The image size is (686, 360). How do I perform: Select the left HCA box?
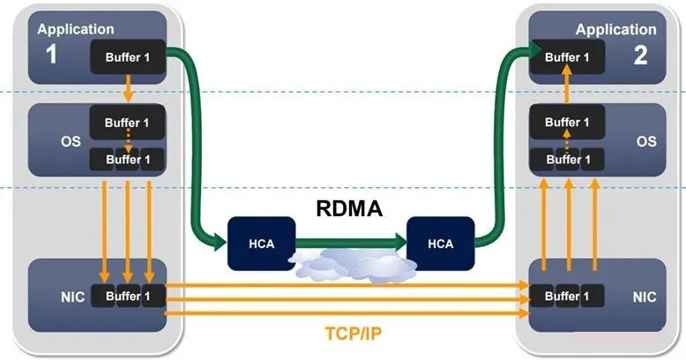point(261,243)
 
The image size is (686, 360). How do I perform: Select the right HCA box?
point(441,243)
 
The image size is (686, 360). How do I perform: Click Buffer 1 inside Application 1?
point(128,58)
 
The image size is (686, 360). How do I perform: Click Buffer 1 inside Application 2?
point(563,58)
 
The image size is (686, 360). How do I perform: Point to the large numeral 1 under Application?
point(51,55)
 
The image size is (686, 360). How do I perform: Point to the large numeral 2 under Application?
point(640,55)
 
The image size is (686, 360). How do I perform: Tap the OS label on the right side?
point(645,140)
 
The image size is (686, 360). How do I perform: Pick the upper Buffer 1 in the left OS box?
point(128,122)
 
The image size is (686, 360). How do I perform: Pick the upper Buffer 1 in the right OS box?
point(563,122)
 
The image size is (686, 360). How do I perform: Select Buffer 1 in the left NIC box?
point(128,296)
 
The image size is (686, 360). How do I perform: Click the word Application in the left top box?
point(76,29)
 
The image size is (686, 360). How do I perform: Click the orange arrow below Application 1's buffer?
point(128,89)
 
